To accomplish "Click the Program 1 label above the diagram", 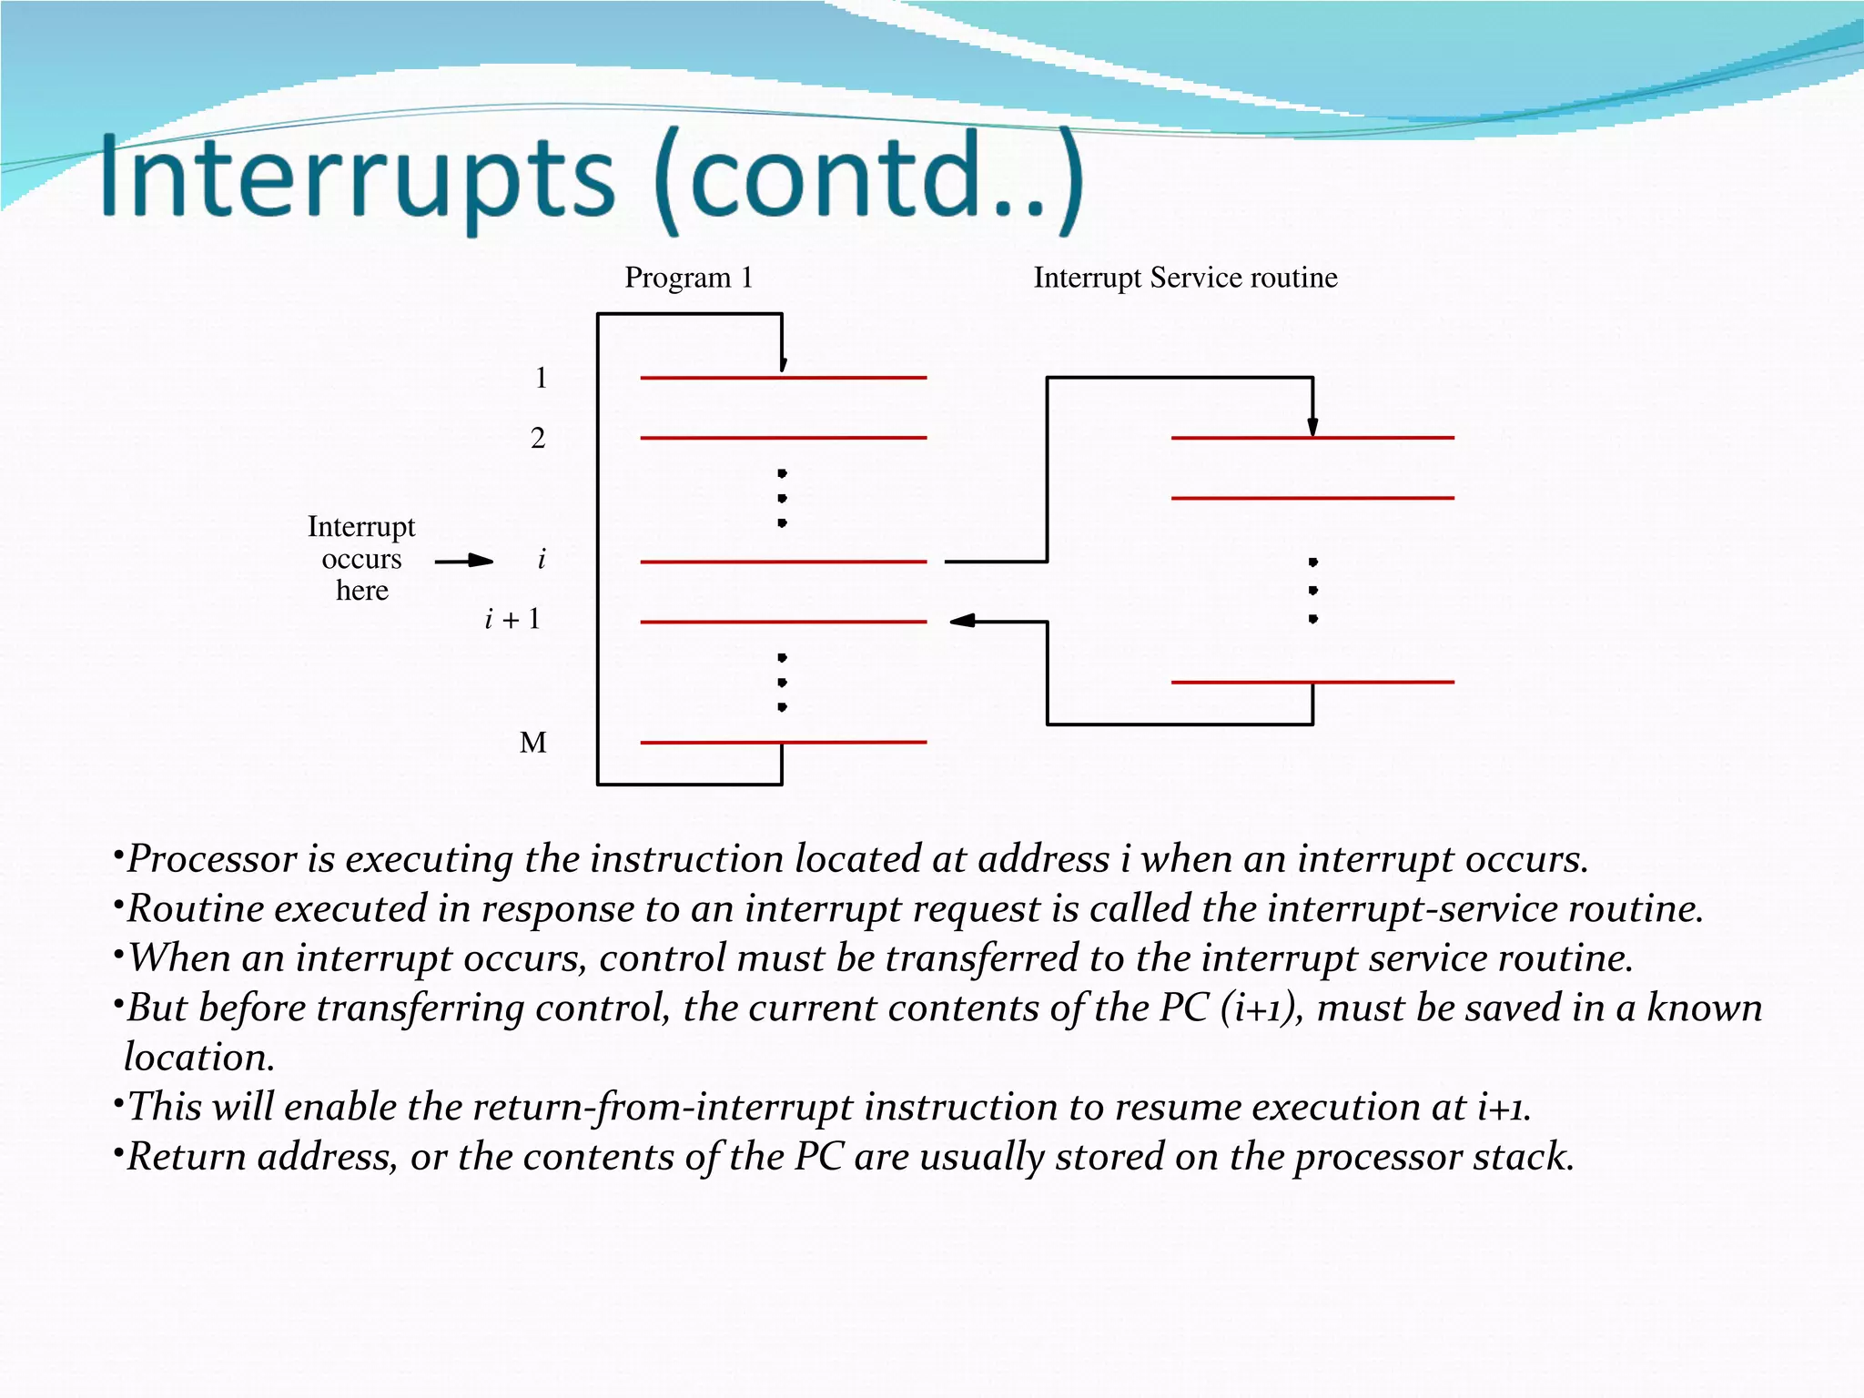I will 688,278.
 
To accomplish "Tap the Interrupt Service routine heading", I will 1185,278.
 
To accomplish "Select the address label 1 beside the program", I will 541,378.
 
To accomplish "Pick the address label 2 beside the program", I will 538,439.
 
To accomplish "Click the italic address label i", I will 542,559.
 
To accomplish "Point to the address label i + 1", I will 512,620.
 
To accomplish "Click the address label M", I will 533,743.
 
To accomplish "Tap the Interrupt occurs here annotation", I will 361,559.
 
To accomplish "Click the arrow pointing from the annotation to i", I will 465,561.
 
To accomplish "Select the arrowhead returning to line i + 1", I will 962,621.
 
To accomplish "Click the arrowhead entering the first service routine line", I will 1312,427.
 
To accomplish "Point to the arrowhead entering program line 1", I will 782,364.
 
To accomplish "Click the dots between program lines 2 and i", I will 782,498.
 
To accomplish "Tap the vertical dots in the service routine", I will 1312,591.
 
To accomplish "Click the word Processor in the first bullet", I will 212,859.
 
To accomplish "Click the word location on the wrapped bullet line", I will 198,1058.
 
